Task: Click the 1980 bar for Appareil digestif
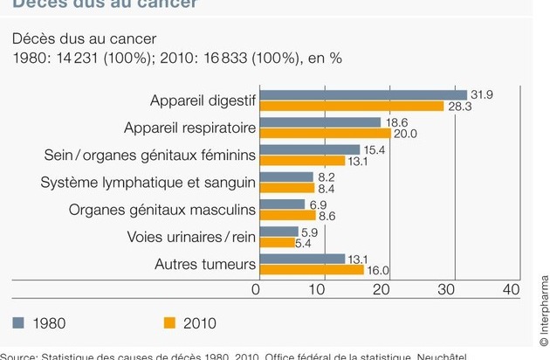[363, 94]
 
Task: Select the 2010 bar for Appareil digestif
[353, 106]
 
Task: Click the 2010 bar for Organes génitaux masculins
[289, 215]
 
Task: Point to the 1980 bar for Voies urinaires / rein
[280, 232]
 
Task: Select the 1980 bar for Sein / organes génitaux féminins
[310, 149]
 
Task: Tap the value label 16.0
[379, 271]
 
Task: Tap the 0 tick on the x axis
[257, 290]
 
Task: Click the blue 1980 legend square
[19, 323]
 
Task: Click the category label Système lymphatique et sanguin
[148, 183]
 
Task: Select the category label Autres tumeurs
[205, 264]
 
